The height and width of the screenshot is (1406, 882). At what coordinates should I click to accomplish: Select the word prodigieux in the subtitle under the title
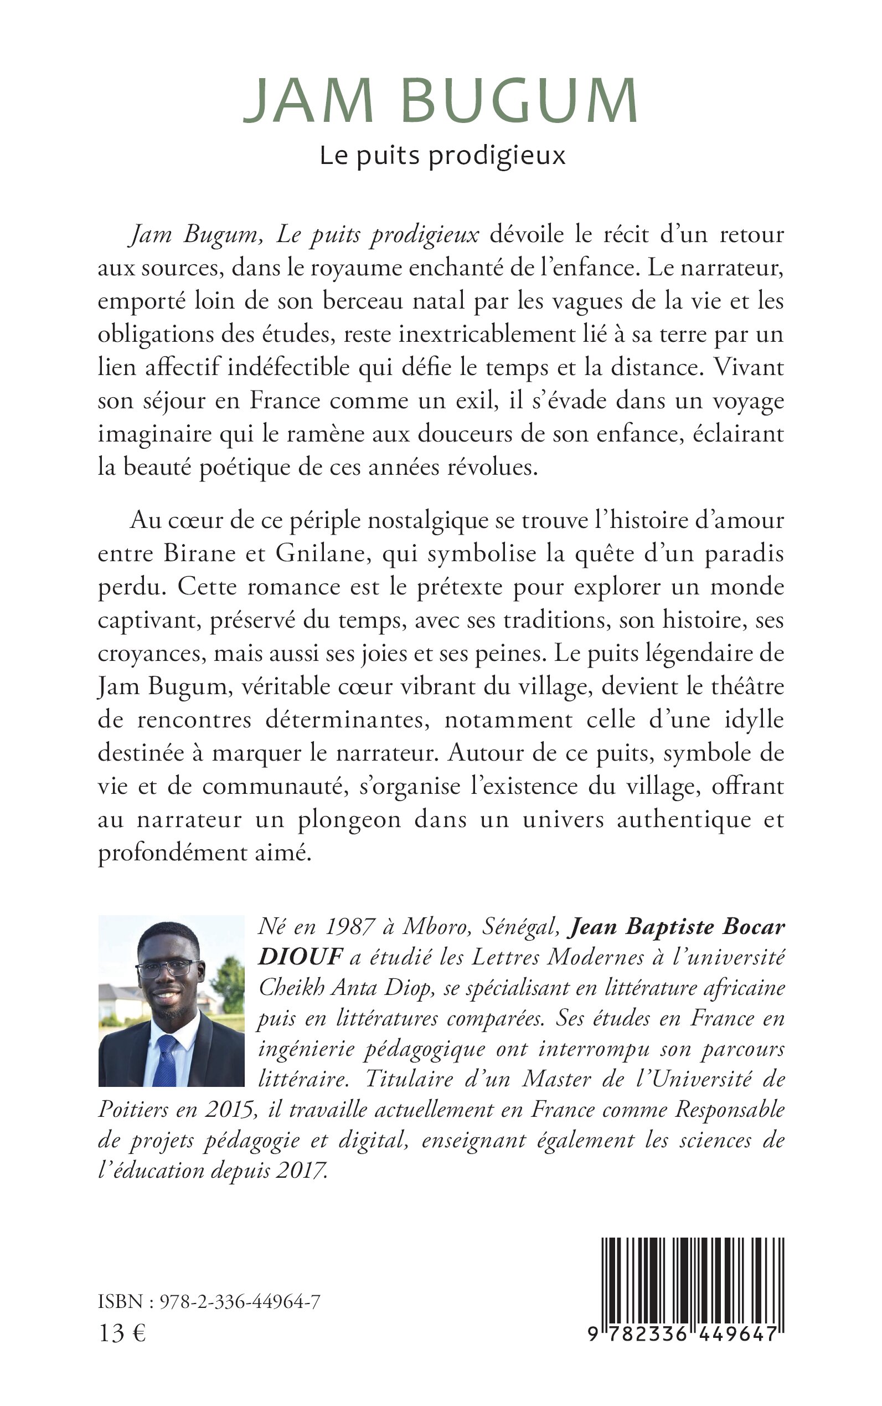tap(497, 156)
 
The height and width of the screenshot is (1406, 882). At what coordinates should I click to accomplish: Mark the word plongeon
tap(349, 820)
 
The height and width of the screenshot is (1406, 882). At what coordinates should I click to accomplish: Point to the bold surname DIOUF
tap(300, 957)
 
